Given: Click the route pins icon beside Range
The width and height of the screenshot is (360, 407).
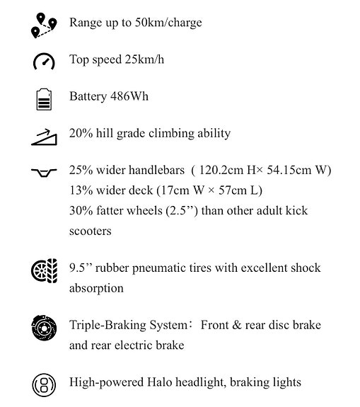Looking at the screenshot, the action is pyautogui.click(x=43, y=25).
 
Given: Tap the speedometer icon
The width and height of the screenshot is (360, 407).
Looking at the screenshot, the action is pyautogui.click(x=43, y=62).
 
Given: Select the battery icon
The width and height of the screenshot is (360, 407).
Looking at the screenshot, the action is pyautogui.click(x=43, y=98).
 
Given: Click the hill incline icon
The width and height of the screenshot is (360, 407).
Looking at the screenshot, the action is pyautogui.click(x=43, y=135).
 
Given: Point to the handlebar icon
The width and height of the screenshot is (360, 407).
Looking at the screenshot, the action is pyautogui.click(x=43, y=172).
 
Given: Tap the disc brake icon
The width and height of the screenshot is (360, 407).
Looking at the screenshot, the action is pyautogui.click(x=43, y=328).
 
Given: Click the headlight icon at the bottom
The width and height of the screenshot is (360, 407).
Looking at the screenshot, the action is pyautogui.click(x=43, y=384).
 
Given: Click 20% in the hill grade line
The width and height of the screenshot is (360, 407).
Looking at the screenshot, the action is pyautogui.click(x=81, y=133).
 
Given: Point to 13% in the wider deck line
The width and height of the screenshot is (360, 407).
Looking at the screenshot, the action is pyautogui.click(x=81, y=190).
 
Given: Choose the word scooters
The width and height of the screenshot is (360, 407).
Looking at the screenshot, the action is pyautogui.click(x=90, y=231).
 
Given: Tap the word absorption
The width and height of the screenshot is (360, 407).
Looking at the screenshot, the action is pyautogui.click(x=96, y=288).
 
